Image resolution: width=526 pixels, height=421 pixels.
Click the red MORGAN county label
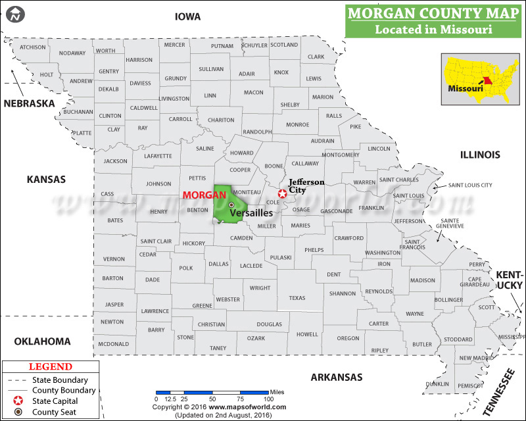(204, 195)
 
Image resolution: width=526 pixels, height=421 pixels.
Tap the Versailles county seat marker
(231, 205)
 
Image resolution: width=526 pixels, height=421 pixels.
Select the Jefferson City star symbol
(282, 193)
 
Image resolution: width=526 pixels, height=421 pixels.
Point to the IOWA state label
(187, 16)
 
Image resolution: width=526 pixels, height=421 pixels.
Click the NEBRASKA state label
(29, 103)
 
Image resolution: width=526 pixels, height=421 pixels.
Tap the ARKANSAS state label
(337, 377)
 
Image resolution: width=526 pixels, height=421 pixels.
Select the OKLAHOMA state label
(42, 341)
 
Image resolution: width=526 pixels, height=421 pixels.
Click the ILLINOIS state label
(480, 155)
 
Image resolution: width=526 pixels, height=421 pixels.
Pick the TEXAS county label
(297, 298)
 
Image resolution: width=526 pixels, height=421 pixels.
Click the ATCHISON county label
(33, 47)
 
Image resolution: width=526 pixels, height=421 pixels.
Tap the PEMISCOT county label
(470, 385)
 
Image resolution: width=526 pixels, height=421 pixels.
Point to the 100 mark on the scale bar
(268, 399)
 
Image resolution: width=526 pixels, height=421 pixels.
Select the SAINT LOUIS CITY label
(470, 186)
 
